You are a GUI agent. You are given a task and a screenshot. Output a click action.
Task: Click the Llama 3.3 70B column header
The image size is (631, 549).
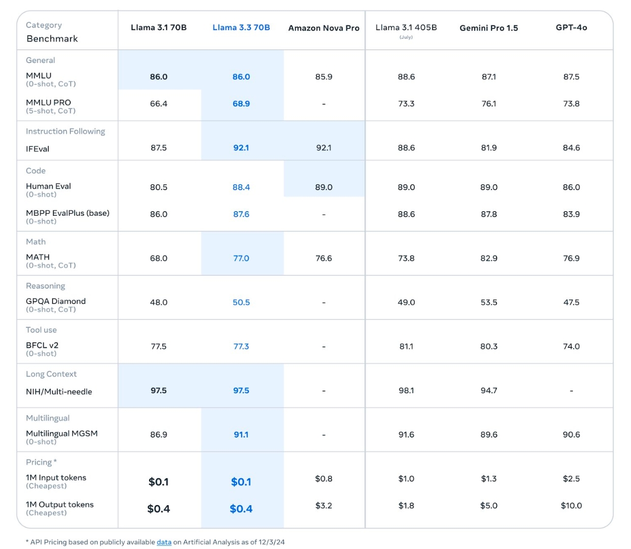pyautogui.click(x=241, y=27)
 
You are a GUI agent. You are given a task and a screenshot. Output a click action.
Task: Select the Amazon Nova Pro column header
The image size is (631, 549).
pyautogui.click(x=324, y=28)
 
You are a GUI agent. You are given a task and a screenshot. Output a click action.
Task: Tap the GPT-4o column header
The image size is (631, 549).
pyautogui.click(x=571, y=27)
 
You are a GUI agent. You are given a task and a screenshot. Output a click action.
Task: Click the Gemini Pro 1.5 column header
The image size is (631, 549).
pyautogui.click(x=489, y=28)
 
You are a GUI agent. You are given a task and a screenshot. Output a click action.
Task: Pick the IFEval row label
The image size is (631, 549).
pyautogui.click(x=38, y=149)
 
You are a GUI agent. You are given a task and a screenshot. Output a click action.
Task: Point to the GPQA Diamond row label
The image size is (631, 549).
pyautogui.click(x=55, y=301)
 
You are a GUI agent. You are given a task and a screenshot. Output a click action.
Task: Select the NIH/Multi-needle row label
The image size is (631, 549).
pyautogui.click(x=59, y=391)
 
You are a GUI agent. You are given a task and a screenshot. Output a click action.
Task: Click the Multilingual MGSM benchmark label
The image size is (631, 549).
pyautogui.click(x=62, y=434)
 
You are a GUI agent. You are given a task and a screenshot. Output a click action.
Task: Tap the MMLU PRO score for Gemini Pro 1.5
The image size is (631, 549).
pyautogui.click(x=489, y=103)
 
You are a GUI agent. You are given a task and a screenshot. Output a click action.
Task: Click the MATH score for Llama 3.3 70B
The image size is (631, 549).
pyautogui.click(x=241, y=258)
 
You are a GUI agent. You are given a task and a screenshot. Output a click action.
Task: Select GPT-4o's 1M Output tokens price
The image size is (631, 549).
pyautogui.click(x=571, y=505)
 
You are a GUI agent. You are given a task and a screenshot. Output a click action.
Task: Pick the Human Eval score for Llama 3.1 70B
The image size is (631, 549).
pyautogui.click(x=159, y=187)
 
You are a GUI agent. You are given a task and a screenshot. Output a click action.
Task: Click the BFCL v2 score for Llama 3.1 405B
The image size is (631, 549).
pyautogui.click(x=406, y=346)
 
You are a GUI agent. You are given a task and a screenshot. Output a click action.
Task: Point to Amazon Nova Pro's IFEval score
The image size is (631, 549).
pyautogui.click(x=324, y=148)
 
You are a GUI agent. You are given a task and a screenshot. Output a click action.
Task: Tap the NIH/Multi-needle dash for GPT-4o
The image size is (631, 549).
pyautogui.click(x=571, y=391)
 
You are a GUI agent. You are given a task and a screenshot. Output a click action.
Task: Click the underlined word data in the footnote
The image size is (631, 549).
pyautogui.click(x=164, y=542)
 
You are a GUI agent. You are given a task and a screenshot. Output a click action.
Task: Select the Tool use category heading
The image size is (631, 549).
pyautogui.click(x=41, y=330)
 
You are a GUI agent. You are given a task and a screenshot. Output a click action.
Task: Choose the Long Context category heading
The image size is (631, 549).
pyautogui.click(x=51, y=374)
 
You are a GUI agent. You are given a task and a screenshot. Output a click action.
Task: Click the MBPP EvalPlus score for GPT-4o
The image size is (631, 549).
pyautogui.click(x=571, y=214)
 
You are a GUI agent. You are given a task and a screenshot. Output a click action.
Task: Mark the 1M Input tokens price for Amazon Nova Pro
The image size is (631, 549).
pyautogui.click(x=324, y=478)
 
